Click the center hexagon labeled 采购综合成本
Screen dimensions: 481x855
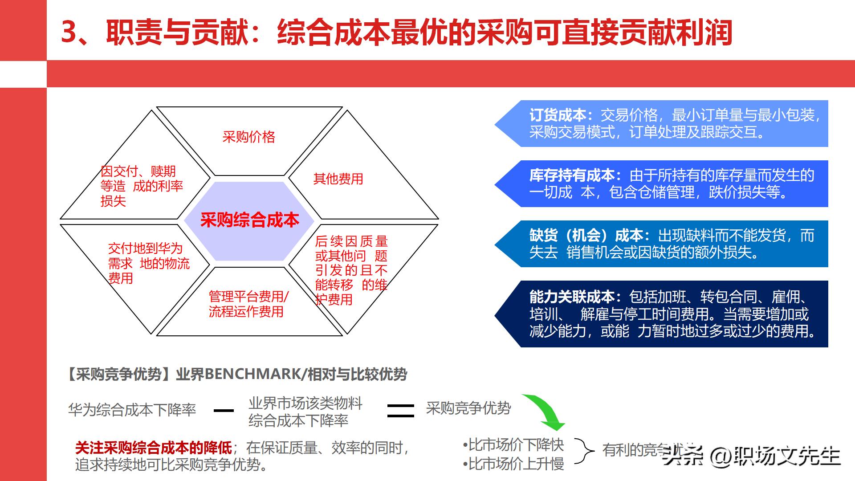[249, 220]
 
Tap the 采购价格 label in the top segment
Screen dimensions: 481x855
[248, 137]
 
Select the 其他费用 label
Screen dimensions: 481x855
[338, 179]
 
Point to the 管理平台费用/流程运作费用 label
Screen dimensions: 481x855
[248, 304]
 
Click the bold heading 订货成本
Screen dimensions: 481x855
[558, 115]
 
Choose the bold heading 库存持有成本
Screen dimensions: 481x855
[572, 175]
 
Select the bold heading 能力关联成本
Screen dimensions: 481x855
[572, 297]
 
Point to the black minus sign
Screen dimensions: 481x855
[224, 410]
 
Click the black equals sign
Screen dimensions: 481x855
[400, 410]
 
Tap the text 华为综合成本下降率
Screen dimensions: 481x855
[132, 410]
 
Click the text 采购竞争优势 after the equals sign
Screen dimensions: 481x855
[468, 408]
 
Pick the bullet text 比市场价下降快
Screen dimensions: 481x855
[516, 444]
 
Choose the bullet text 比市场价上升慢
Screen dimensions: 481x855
[516, 464]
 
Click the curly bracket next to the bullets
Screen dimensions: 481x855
[584, 451]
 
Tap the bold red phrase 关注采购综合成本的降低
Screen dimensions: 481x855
[154, 448]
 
